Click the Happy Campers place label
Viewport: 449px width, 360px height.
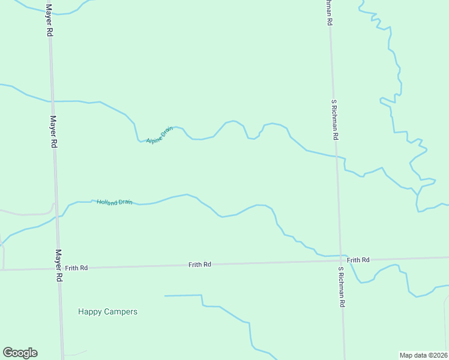point(107,311)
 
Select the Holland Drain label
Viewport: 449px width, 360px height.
point(114,202)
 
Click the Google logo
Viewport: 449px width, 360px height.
point(20,353)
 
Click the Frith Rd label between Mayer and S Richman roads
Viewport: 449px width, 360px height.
point(199,265)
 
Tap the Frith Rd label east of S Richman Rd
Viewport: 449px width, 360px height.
point(358,260)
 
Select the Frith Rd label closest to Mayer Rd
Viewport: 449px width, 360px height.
point(77,268)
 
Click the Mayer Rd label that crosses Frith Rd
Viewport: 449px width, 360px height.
point(59,266)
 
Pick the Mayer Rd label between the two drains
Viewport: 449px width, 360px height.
point(53,132)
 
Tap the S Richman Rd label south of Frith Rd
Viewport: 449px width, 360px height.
point(341,287)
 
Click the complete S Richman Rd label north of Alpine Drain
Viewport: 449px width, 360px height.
point(334,119)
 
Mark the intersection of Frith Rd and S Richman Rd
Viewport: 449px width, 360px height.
point(342,261)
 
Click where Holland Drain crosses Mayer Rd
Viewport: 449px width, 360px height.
point(58,217)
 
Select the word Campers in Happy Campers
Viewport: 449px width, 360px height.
point(121,311)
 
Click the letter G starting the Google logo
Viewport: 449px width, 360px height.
point(8,353)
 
